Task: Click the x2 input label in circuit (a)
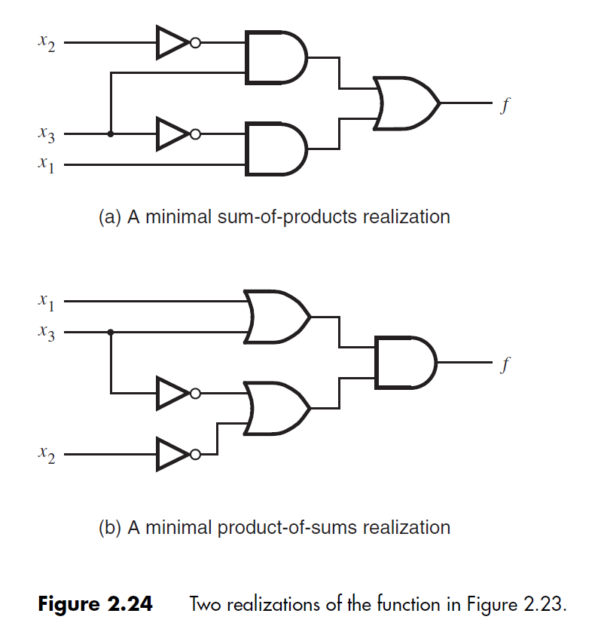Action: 46,44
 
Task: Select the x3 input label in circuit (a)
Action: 46,136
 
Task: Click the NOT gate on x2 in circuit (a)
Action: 173,43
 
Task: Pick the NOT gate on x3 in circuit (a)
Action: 173,134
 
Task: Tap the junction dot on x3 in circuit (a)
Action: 111,134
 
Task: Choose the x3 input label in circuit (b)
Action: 46,332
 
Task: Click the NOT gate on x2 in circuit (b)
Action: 173,454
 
